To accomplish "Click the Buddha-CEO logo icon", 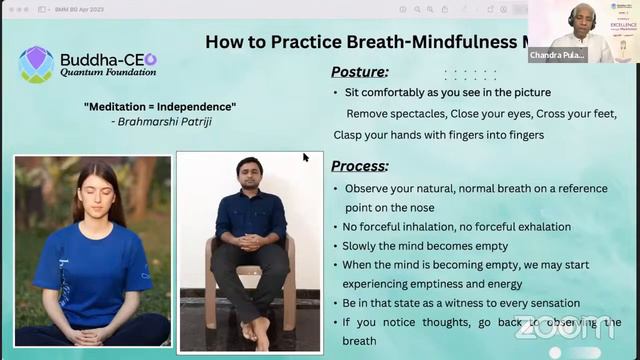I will [37, 64].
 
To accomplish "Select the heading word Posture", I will [359, 72].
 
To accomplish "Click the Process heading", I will [359, 166].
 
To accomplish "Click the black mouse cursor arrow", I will [306, 157].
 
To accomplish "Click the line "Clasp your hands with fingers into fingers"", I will [439, 135].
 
